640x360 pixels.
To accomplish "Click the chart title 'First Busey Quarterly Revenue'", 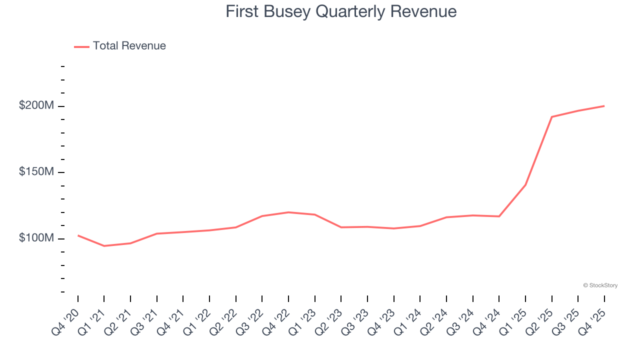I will pos(341,11).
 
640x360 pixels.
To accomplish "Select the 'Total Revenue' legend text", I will pos(129,46).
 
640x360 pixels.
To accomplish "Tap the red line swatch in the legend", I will pos(81,46).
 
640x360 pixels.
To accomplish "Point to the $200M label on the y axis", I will pos(35,106).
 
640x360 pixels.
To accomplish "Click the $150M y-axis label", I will pos(35,172).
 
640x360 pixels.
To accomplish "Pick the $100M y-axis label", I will pos(35,238).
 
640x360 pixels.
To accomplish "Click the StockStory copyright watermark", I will pos(600,285).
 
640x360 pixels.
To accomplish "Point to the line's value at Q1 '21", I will pos(104,246).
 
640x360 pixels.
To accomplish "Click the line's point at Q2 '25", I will pos(551,117).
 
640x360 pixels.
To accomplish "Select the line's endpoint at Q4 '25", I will pos(604,106).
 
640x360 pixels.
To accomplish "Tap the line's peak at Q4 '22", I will pos(288,212).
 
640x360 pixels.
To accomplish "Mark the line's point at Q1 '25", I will pos(525,185).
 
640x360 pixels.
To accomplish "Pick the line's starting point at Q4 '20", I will pos(78,235).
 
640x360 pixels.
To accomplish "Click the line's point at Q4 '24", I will pos(499,216).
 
